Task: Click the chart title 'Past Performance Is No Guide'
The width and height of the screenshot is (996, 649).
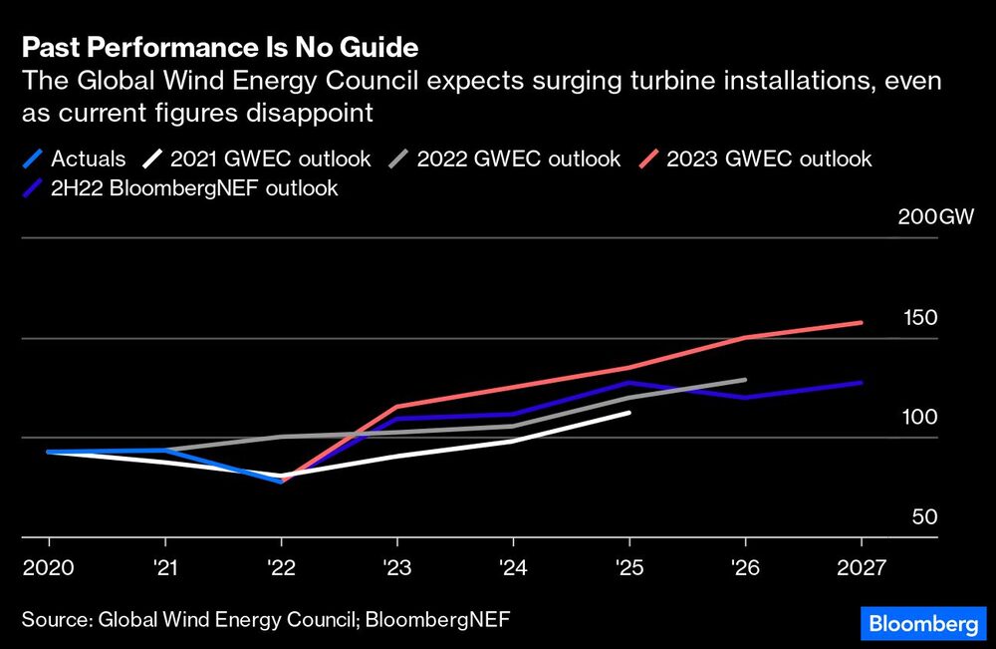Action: [220, 47]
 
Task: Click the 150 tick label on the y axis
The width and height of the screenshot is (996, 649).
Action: [920, 318]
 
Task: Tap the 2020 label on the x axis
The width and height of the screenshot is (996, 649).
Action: [48, 567]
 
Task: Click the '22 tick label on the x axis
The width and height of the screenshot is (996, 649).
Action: [282, 567]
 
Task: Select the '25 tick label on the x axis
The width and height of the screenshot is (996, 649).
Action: [629, 567]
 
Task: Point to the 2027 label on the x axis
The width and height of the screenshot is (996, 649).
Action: [861, 567]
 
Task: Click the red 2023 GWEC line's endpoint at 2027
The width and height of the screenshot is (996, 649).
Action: [861, 322]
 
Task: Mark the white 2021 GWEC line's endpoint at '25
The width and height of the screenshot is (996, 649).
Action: [629, 412]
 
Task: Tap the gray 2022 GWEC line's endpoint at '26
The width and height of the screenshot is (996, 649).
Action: [745, 380]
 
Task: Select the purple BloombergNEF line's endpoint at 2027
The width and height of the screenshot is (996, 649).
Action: [861, 382]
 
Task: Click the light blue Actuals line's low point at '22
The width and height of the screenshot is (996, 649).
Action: [282, 482]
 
